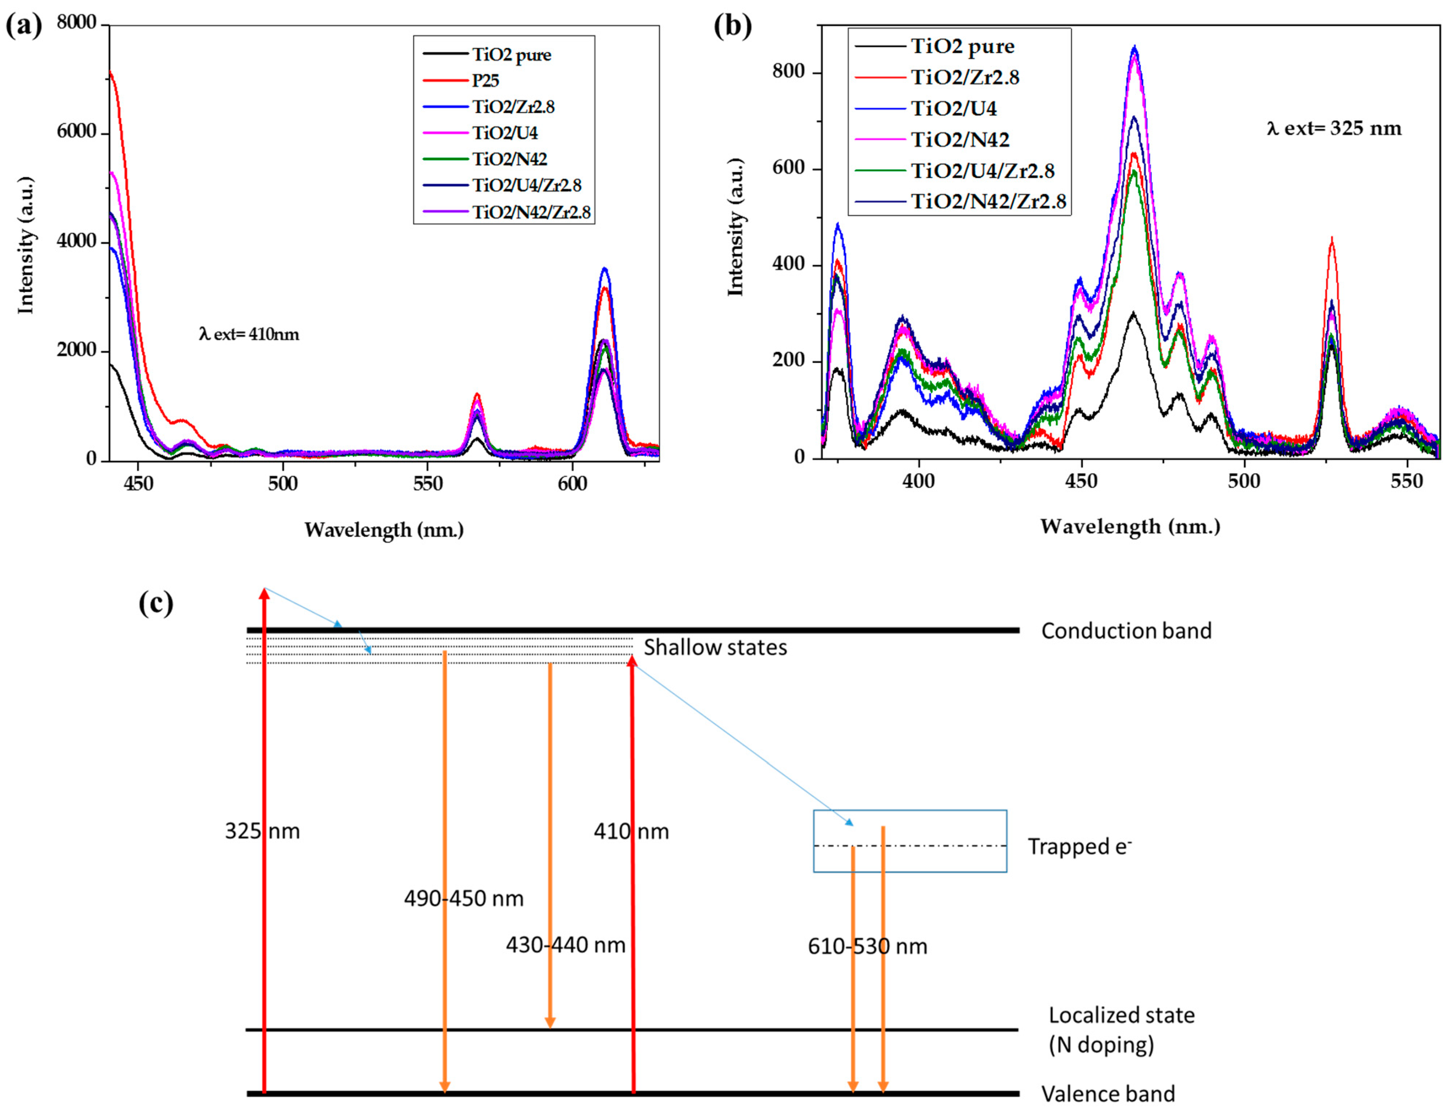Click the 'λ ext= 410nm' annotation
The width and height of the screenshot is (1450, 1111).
click(249, 334)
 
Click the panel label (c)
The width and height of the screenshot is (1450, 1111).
click(156, 603)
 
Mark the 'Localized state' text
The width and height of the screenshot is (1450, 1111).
click(1121, 1015)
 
